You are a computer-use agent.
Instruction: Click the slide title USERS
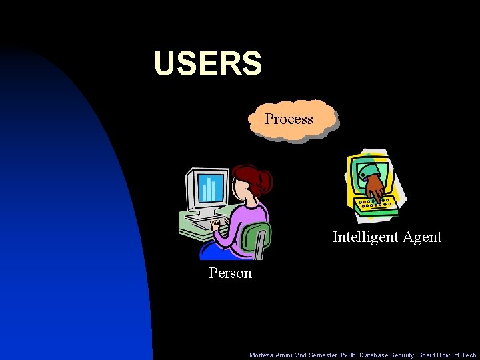(207, 63)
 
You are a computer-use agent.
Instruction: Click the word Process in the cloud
(289, 119)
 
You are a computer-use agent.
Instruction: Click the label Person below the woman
(230, 273)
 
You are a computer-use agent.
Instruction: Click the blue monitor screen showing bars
(210, 187)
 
